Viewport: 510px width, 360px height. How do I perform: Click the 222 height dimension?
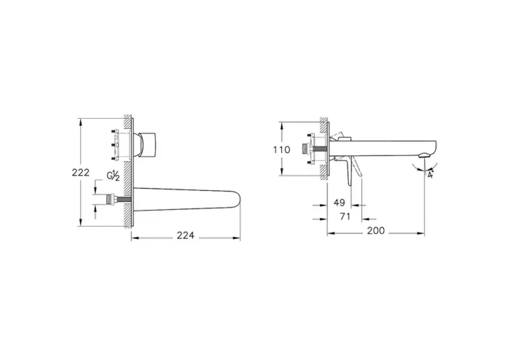81,172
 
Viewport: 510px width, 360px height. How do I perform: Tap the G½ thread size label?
113,176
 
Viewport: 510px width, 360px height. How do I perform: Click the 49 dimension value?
340,203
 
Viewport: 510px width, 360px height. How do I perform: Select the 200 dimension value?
375,231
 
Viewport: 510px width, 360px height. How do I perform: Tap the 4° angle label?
431,175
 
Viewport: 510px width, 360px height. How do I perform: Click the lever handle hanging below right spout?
355,172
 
